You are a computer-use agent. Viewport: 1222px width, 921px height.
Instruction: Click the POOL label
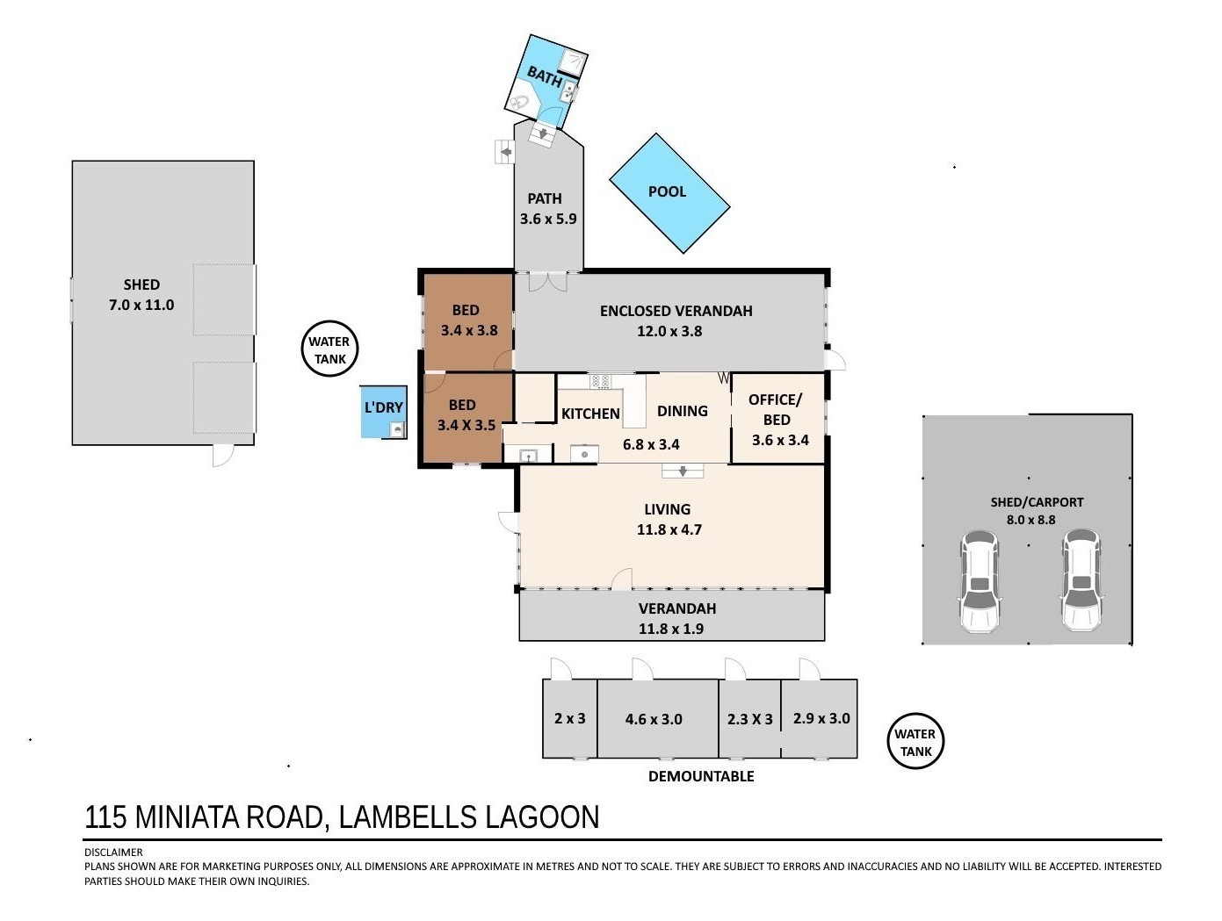click(667, 191)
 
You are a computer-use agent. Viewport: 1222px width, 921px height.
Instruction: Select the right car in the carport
click(1081, 579)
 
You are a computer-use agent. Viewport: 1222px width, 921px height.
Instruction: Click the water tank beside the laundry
click(329, 349)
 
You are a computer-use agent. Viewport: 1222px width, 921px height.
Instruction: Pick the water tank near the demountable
click(915, 741)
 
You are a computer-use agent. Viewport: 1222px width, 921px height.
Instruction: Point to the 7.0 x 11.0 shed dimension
click(141, 305)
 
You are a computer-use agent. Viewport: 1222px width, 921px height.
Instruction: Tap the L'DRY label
click(384, 407)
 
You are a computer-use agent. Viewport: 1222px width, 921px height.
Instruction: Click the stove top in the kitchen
click(601, 381)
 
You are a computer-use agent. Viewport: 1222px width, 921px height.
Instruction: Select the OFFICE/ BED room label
click(776, 409)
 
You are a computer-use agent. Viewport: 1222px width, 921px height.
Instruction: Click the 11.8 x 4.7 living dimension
click(669, 529)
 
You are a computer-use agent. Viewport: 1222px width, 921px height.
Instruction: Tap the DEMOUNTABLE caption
click(701, 776)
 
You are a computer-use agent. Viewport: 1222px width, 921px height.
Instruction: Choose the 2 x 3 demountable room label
click(569, 718)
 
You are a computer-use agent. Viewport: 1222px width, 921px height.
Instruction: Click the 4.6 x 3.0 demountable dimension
click(654, 719)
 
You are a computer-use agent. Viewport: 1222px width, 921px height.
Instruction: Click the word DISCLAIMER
click(113, 852)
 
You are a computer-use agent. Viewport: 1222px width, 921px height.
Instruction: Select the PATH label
click(545, 198)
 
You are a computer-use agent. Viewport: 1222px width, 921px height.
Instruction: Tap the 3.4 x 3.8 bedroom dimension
click(469, 330)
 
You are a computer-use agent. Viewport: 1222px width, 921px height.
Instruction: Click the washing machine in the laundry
click(397, 430)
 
